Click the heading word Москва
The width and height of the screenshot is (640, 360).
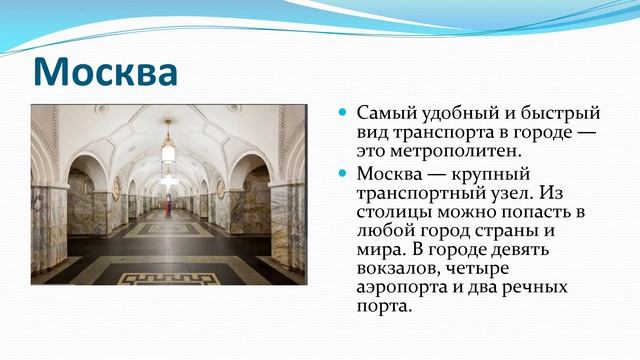(x=105, y=71)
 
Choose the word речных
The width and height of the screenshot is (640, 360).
(x=533, y=287)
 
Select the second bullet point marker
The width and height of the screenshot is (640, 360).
(x=342, y=174)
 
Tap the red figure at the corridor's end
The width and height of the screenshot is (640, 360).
(x=167, y=202)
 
